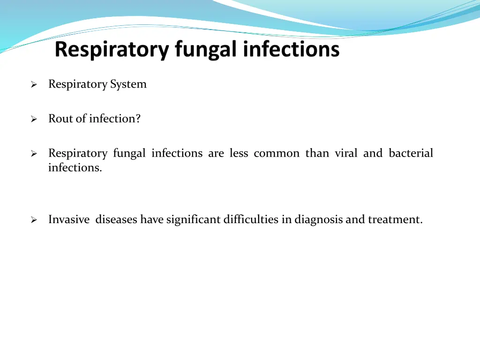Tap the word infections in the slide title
(291, 50)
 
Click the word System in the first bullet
(128, 84)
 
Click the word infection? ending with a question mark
(115, 119)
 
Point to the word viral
(346, 153)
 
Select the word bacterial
(411, 153)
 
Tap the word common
(277, 153)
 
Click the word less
(239, 153)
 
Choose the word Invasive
(69, 219)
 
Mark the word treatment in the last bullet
(395, 219)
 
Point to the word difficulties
(251, 219)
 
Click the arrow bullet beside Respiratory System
(34, 85)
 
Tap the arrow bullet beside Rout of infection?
(34, 120)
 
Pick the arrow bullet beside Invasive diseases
(34, 220)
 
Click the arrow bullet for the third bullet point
(34, 154)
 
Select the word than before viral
(317, 153)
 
